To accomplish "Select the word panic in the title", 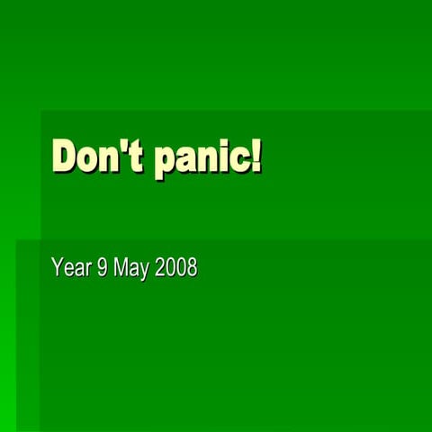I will [x=202, y=158].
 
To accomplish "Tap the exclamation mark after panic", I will [x=256, y=156].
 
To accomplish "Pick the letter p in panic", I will [x=166, y=162].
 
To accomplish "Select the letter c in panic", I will [x=241, y=160].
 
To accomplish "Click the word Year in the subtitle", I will [x=72, y=268].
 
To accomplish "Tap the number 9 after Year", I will [x=103, y=268].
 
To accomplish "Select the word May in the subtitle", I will [x=131, y=269].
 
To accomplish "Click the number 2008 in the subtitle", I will [x=176, y=268].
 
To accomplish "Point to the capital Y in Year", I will [x=58, y=268].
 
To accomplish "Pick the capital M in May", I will [x=121, y=268].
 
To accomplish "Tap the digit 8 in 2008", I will [x=192, y=268].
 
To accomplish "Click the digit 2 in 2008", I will [x=160, y=268].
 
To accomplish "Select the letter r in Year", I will [x=88, y=270].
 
